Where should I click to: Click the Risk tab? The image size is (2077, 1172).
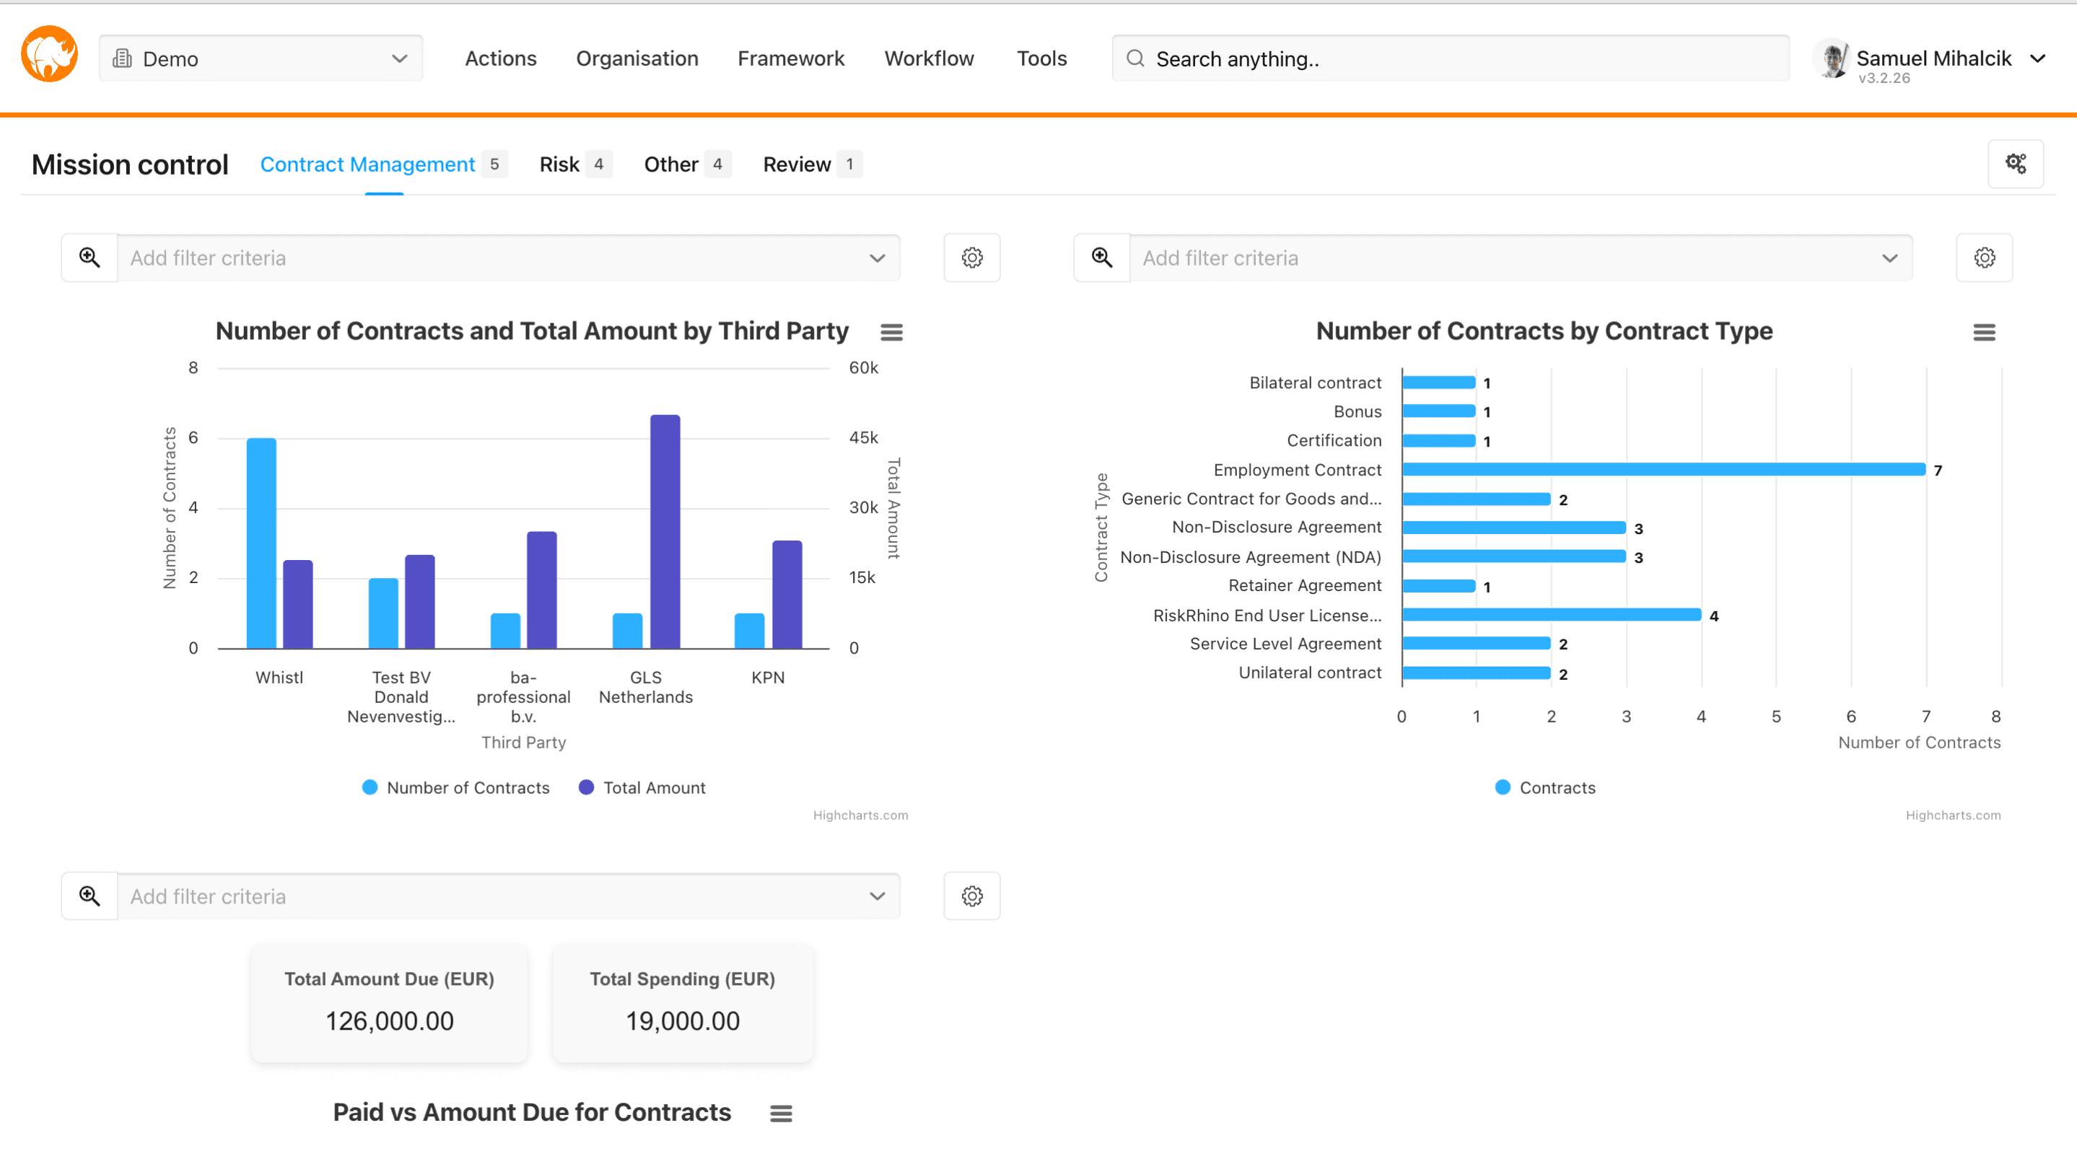pos(559,165)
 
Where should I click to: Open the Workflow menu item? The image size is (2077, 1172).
pos(929,59)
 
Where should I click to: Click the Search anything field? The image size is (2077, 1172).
pos(1451,59)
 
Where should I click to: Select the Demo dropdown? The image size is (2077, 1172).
pos(261,59)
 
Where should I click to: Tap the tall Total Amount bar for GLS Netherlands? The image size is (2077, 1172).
pos(665,532)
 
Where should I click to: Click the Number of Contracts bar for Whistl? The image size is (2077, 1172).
pos(261,543)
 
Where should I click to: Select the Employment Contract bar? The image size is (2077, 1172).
pos(1663,470)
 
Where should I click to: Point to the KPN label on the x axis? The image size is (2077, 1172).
pos(768,678)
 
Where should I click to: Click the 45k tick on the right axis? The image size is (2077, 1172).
pos(862,437)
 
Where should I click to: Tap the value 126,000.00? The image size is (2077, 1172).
pos(390,1021)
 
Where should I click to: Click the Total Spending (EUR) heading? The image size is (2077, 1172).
pos(682,979)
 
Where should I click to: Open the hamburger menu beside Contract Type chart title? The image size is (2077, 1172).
pos(1985,332)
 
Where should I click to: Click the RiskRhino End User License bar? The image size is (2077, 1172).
pos(1552,615)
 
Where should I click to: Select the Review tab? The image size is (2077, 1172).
pos(797,165)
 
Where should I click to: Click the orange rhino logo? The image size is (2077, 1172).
pos(49,55)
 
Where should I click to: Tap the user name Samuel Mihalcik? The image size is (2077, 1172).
pos(1933,58)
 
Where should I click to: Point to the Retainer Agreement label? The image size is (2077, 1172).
pos(1305,586)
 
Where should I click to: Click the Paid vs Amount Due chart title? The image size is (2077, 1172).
pos(532,1112)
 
